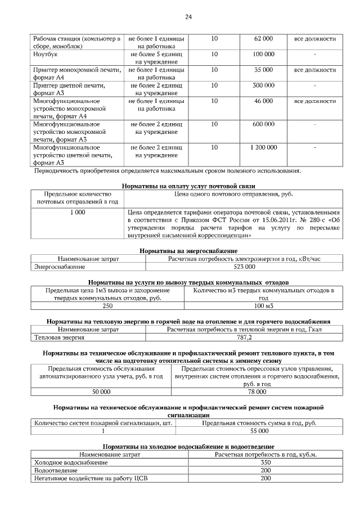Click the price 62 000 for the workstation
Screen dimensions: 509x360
tap(263, 39)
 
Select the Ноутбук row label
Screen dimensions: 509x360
tap(45, 55)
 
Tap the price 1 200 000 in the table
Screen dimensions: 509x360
tap(263, 147)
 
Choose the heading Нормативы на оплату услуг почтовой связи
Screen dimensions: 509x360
tap(188, 186)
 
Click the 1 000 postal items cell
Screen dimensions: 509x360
tap(78, 213)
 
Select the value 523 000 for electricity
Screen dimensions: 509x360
tap(244, 267)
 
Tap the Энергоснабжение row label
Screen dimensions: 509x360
tap(60, 267)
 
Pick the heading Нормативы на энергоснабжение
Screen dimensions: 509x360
tap(188, 250)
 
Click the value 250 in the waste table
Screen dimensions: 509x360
tap(107, 306)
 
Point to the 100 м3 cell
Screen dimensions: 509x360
tap(263, 306)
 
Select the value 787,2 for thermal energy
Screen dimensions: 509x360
tap(244, 337)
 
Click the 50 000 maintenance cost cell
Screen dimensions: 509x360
tap(101, 391)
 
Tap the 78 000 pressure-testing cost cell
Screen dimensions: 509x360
tap(257, 391)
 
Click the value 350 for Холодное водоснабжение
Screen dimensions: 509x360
tap(265, 462)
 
